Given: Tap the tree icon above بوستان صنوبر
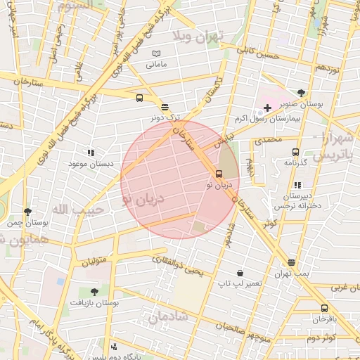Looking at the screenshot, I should pyautogui.click(x=302, y=93).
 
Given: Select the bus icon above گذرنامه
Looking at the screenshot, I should pyautogui.click(x=295, y=151).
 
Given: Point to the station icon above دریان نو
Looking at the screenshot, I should pyautogui.click(x=219, y=174).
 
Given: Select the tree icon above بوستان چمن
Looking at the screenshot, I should pyautogui.click(x=27, y=212).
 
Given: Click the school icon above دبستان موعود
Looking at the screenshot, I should pyautogui.click(x=90, y=153).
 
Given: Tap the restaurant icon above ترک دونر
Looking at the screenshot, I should pyautogui.click(x=165, y=107).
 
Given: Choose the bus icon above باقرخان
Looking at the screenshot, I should pyautogui.click(x=323, y=308).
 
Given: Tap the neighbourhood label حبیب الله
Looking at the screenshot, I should pyautogui.click(x=78, y=209).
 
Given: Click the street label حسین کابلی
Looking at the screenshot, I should pyautogui.click(x=258, y=53).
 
